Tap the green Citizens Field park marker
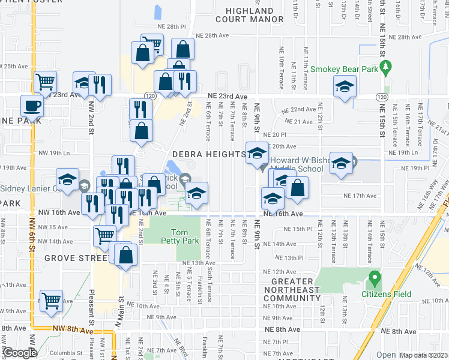(x=375, y=279)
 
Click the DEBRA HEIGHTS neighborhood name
(x=208, y=154)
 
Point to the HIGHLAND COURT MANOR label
(x=250, y=15)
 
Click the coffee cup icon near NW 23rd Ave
(x=32, y=106)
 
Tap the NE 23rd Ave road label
(x=228, y=97)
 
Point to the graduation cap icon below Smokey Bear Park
(x=345, y=89)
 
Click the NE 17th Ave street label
(x=360, y=196)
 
